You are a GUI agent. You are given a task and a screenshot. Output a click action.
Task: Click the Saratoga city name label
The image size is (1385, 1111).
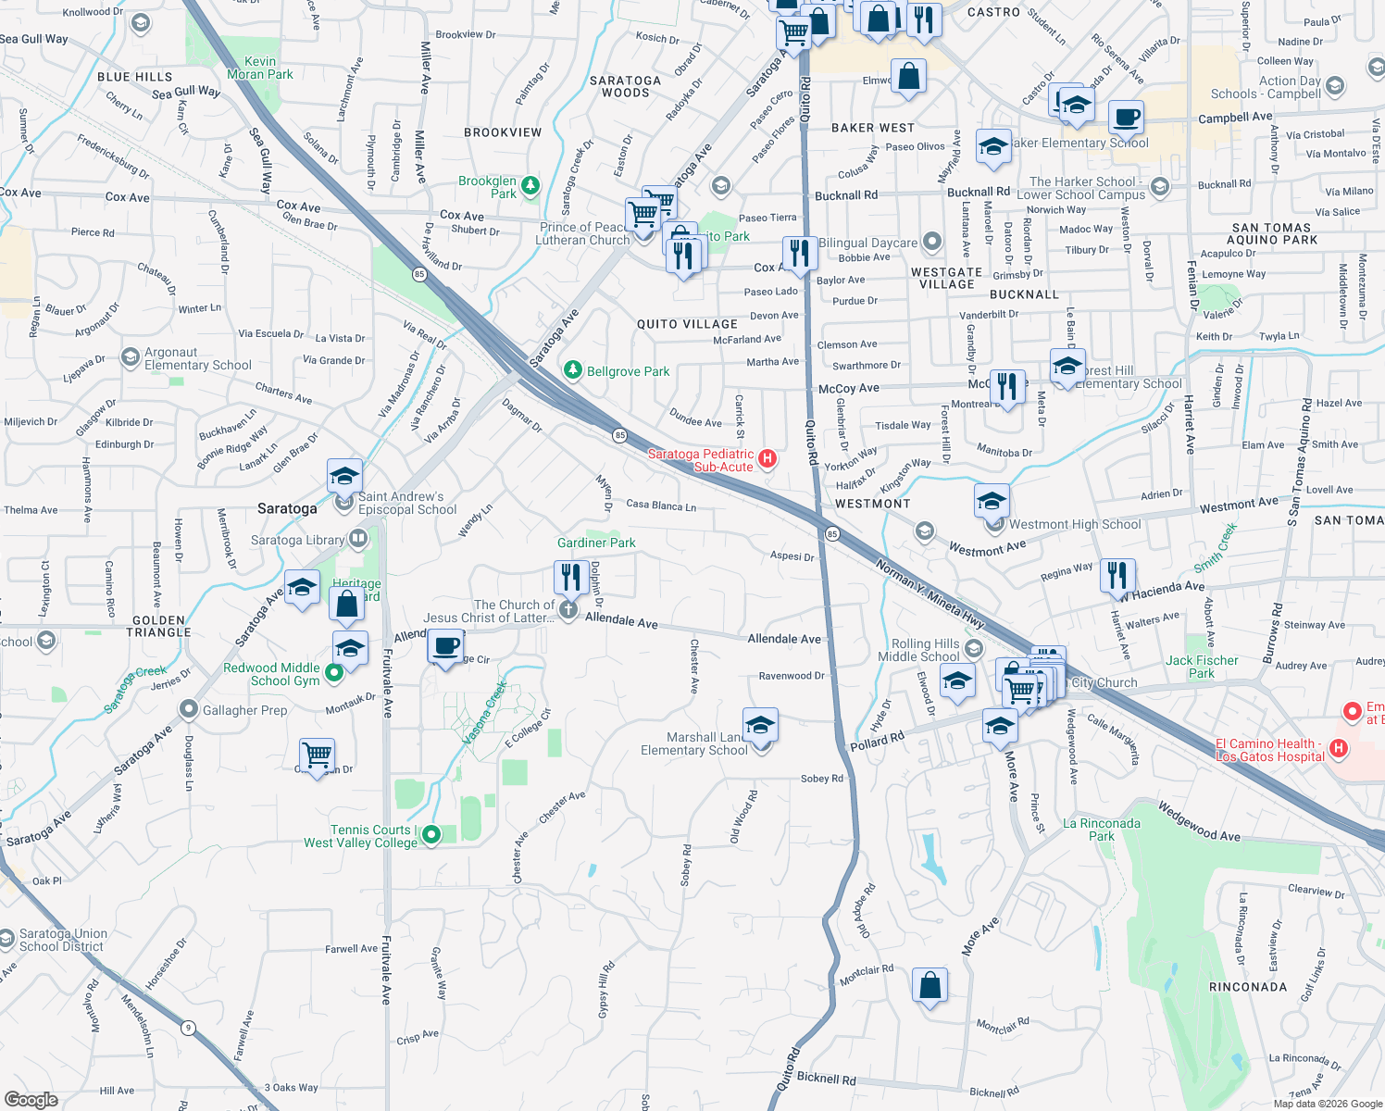[287, 508]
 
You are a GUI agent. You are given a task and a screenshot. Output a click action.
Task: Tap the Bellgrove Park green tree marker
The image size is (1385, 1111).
[573, 370]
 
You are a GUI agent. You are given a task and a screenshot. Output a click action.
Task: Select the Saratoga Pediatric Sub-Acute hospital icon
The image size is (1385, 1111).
[767, 458]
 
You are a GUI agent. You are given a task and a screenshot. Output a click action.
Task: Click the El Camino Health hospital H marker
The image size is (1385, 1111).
[1338, 747]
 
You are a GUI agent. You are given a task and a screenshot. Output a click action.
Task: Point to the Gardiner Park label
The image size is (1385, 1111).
[596, 543]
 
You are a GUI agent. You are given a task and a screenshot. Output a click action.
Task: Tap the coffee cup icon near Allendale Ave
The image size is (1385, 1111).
[446, 645]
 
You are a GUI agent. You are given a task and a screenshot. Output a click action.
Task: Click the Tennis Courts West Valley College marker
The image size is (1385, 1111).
[431, 835]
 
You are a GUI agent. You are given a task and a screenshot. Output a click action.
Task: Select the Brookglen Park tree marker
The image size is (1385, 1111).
[530, 185]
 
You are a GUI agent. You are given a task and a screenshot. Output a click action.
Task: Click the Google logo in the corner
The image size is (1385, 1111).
[31, 1099]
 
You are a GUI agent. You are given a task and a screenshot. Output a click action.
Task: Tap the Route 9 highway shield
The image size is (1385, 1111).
[189, 1027]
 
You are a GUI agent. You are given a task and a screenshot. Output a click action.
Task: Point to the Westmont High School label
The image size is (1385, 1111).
[1075, 524]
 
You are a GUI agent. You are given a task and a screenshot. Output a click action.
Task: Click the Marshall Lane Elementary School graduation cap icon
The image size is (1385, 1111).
[759, 726]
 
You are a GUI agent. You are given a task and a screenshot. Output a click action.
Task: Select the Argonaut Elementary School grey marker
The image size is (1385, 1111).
[131, 357]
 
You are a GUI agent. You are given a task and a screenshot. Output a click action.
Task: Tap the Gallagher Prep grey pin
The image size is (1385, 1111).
[189, 709]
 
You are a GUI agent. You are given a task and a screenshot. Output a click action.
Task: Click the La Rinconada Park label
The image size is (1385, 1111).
[1102, 830]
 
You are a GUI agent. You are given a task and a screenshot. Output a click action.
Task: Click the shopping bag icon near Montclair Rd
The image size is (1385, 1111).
[930, 985]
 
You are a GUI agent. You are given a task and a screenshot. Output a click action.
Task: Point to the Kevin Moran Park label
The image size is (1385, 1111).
[260, 68]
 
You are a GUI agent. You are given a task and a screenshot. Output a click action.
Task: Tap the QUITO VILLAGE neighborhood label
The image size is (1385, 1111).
[687, 324]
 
